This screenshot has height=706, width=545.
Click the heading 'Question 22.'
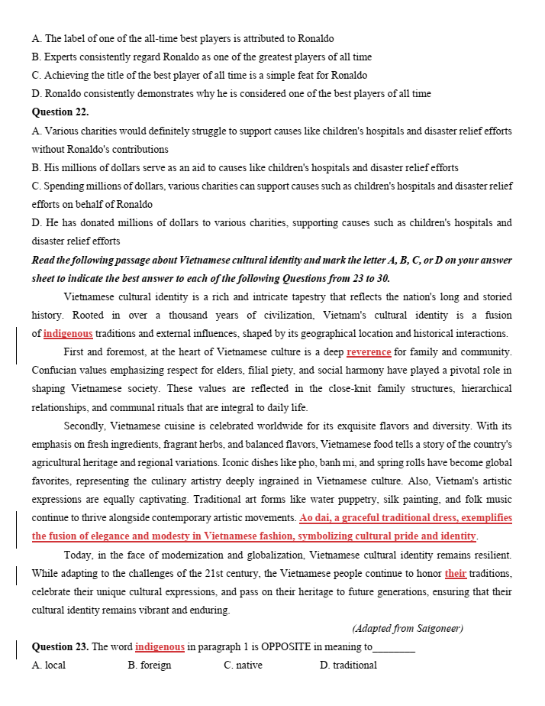(60, 112)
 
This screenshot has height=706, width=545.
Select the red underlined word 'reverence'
(369, 352)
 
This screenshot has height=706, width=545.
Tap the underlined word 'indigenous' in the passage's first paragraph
(68, 334)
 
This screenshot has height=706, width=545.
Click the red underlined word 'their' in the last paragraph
(456, 574)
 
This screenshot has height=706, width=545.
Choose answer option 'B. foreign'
(150, 666)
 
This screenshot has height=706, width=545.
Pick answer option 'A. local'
(49, 666)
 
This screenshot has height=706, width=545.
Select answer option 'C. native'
(243, 666)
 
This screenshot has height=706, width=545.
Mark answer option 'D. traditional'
(348, 666)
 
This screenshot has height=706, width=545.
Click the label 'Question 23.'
(60, 647)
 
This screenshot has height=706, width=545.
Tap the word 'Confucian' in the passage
(53, 371)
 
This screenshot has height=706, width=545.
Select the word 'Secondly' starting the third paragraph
(85, 426)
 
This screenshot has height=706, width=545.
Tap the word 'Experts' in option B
(61, 57)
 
